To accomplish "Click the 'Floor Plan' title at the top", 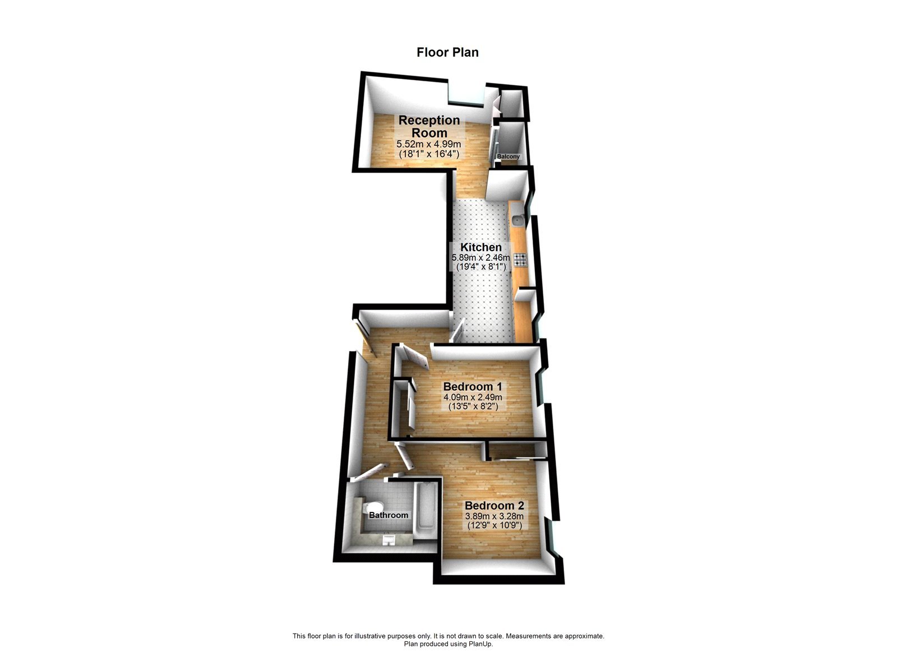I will coord(447,52).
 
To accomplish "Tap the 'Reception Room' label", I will coord(429,126).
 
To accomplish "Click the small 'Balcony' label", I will coord(508,156).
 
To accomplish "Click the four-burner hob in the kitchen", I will coord(520,259).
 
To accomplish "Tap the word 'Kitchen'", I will coord(481,247).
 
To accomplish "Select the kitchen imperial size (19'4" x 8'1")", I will coord(481,267).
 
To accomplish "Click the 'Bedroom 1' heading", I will coord(473,387).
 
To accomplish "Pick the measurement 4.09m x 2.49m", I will coord(473,397).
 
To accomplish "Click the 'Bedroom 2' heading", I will coord(494,505).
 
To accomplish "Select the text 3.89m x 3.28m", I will coord(494,516).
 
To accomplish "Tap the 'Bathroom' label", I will coord(388,515).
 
